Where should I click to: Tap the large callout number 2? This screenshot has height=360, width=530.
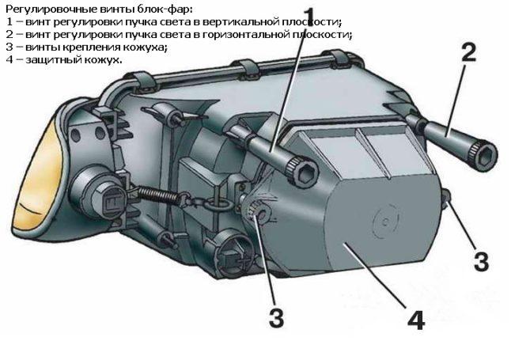pyautogui.click(x=469, y=53)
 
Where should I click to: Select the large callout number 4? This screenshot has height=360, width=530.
pyautogui.click(x=415, y=320)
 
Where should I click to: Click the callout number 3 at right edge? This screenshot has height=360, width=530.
pyautogui.click(x=481, y=261)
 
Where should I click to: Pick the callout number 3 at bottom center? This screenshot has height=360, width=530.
pyautogui.click(x=277, y=317)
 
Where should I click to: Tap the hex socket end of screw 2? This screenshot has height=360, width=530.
pyautogui.click(x=483, y=154)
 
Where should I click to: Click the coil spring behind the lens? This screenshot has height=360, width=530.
pyautogui.click(x=158, y=195)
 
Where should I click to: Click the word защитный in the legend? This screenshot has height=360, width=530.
pyautogui.click(x=51, y=60)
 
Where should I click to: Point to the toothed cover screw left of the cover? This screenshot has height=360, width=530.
pyautogui.click(x=258, y=212)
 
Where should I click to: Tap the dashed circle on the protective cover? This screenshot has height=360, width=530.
pyautogui.click(x=386, y=221)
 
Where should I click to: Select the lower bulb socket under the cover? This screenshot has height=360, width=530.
pyautogui.click(x=234, y=250)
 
